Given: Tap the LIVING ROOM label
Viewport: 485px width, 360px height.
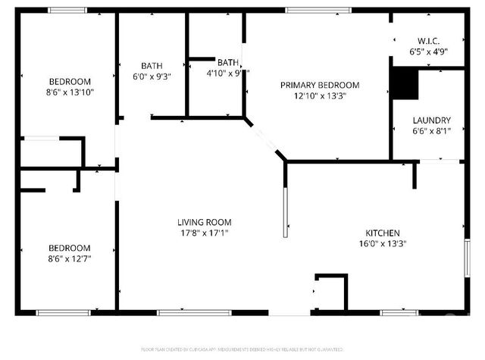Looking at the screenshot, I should click(x=204, y=222).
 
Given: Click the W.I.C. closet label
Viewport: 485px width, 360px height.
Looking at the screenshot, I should click(x=428, y=41).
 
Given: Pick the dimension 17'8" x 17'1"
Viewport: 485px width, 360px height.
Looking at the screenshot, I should click(x=204, y=233).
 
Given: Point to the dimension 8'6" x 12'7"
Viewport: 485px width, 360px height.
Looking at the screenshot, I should click(x=70, y=258).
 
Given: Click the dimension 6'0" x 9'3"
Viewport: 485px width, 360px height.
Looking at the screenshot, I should click(x=152, y=77).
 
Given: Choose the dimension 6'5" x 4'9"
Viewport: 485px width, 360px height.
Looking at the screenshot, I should click(x=428, y=52).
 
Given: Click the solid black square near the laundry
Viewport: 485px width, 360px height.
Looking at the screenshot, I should click(x=404, y=83).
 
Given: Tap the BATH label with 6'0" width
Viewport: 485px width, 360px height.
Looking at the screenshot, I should click(x=152, y=65).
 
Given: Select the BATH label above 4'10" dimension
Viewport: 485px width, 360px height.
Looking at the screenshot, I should click(x=228, y=62).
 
